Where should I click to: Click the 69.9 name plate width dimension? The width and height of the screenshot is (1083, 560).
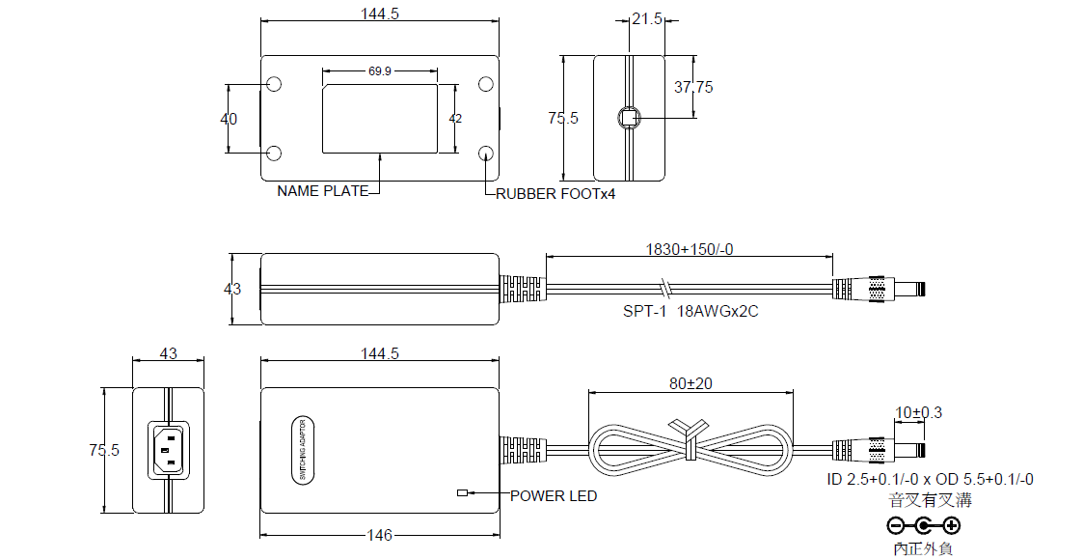(379, 71)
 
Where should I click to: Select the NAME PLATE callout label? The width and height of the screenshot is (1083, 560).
(323, 191)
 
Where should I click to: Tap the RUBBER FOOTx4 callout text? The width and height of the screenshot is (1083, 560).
(555, 194)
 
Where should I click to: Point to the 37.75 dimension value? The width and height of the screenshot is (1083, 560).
(693, 87)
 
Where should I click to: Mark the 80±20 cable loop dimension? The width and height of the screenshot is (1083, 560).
(690, 383)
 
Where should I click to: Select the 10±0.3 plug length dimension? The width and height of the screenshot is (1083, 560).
(919, 413)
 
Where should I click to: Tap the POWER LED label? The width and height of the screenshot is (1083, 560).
(554, 496)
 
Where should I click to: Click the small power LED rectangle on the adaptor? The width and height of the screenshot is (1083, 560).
(462, 493)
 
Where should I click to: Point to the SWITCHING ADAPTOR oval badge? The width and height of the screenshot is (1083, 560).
(303, 450)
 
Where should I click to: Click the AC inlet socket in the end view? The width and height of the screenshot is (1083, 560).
(168, 450)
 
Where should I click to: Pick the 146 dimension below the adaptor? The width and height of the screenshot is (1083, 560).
(380, 535)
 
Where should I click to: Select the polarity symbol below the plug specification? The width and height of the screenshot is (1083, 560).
(924, 525)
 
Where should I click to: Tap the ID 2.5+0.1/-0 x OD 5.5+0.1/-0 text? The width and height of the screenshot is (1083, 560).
(931, 480)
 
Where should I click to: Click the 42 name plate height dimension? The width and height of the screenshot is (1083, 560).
(456, 119)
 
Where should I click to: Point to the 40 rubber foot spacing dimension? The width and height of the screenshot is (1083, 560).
(229, 120)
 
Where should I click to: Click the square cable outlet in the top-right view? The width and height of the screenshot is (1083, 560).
(629, 118)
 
